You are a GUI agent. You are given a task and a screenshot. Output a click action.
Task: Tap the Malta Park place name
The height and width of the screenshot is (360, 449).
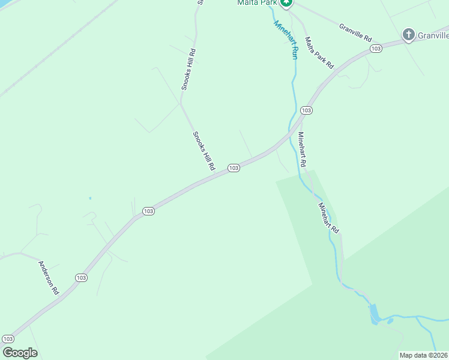pyautogui.click(x=258, y=3)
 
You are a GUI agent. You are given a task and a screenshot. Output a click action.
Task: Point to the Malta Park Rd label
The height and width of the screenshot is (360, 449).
pyautogui.click(x=319, y=53)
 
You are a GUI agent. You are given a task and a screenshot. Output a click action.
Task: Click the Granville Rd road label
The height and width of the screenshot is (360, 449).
pyautogui.click(x=355, y=28)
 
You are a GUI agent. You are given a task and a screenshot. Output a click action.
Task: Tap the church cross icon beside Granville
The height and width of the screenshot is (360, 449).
pyautogui.click(x=409, y=34)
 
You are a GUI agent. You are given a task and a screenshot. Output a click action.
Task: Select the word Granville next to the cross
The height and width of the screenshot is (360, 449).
pyautogui.click(x=433, y=35)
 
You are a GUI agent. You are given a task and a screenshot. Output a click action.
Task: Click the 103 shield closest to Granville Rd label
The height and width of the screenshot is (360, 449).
pyautogui.click(x=376, y=48)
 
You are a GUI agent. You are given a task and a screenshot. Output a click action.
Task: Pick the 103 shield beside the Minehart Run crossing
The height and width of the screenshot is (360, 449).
pyautogui.click(x=306, y=110)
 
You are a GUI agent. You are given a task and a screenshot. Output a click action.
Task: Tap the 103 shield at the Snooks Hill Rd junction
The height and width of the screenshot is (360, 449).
pyautogui.click(x=234, y=168)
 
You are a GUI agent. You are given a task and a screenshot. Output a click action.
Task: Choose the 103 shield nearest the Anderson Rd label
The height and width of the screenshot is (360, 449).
pyautogui.click(x=82, y=277)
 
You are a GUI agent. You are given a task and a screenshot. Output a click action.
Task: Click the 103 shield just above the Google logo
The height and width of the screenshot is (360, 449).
pyautogui.click(x=8, y=339)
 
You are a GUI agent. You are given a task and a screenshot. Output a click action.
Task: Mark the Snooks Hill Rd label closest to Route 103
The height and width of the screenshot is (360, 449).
pyautogui.click(x=204, y=151)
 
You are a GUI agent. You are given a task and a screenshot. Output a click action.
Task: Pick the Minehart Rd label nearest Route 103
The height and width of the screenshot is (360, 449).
pyautogui.click(x=303, y=149)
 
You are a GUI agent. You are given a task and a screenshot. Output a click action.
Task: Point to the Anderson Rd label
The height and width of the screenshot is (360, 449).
pyautogui.click(x=49, y=277)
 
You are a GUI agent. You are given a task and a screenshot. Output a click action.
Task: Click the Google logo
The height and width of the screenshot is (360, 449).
pyautogui.click(x=20, y=353)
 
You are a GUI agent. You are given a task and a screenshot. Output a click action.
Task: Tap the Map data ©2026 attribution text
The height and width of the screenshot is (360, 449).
pyautogui.click(x=423, y=355)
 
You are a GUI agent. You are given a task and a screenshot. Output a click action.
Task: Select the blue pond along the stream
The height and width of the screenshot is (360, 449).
pyautogui.click(x=375, y=313)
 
